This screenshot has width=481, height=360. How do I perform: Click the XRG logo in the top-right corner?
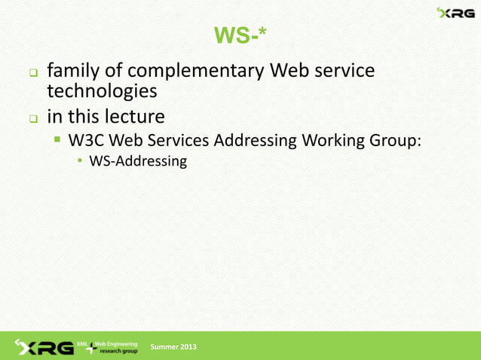[456, 13]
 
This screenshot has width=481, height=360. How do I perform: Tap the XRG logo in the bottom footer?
[43, 346]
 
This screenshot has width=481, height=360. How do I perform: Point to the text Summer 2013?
[173, 346]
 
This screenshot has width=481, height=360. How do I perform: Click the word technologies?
[102, 92]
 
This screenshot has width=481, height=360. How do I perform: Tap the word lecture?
[134, 117]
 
